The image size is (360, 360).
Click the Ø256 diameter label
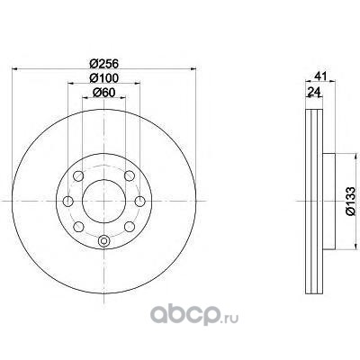104,63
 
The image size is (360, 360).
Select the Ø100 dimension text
104,78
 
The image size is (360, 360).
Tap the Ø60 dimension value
104,93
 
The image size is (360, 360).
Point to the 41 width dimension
320,76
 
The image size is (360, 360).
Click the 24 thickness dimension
313,91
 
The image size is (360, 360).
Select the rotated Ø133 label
350,201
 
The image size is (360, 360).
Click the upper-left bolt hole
78,175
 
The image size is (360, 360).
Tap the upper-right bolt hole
130,175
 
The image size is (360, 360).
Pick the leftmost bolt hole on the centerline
68,201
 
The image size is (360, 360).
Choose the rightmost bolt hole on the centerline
139,201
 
